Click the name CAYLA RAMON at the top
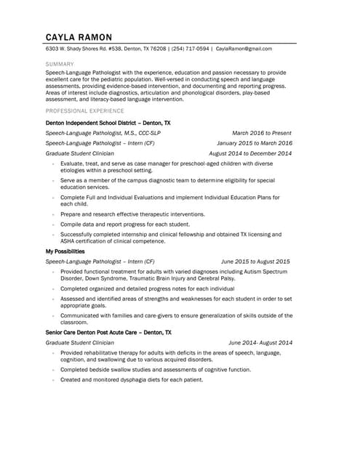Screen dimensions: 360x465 tap(79, 37)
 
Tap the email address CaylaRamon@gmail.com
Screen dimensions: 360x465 tap(244, 49)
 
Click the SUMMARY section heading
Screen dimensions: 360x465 tap(59, 64)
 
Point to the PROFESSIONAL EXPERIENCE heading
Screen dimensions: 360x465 tap(84, 110)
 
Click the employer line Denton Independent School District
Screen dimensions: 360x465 tap(108, 124)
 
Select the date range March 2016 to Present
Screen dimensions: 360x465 tap(261, 133)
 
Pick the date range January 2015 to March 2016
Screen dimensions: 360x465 tap(254, 143)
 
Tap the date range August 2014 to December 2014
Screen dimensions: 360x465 tap(249, 153)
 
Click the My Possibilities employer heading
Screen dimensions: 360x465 tap(65, 251)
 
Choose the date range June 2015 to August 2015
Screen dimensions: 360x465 tap(255, 262)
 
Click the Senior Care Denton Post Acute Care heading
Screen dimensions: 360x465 tap(108, 332)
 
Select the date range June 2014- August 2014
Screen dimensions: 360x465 tap(260, 342)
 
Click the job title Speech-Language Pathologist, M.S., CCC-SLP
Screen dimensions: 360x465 tap(103, 133)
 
